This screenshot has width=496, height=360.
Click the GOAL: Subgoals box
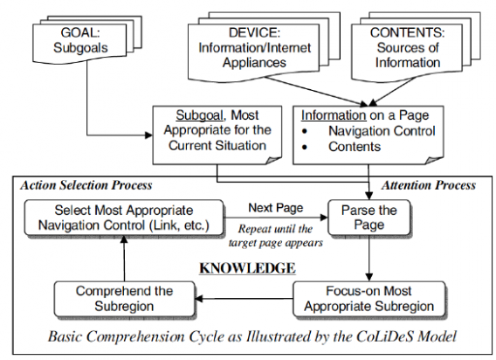(x=79, y=42)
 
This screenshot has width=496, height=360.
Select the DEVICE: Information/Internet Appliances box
(x=254, y=51)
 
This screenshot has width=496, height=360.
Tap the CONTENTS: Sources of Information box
(x=407, y=51)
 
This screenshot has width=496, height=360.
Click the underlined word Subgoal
(x=199, y=115)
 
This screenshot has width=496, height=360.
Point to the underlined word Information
(x=334, y=115)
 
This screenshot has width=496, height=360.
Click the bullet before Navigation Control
(x=305, y=131)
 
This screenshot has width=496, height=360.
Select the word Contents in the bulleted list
(x=355, y=147)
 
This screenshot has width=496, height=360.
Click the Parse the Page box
(x=369, y=218)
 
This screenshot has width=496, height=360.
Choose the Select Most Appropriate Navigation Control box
(x=124, y=218)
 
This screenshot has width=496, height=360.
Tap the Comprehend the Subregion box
(x=124, y=299)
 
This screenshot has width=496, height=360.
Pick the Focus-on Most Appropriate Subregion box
(x=369, y=299)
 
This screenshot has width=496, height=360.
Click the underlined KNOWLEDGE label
(x=247, y=268)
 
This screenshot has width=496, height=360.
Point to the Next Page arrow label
(x=276, y=208)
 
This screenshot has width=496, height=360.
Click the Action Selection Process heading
(x=86, y=185)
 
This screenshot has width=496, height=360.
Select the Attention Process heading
(x=428, y=185)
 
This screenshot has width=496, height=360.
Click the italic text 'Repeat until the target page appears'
(x=276, y=236)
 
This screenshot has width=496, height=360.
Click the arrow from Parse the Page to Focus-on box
(x=369, y=259)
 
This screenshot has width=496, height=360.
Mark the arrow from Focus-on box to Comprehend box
(x=244, y=298)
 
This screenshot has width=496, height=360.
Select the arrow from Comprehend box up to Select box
(x=124, y=259)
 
